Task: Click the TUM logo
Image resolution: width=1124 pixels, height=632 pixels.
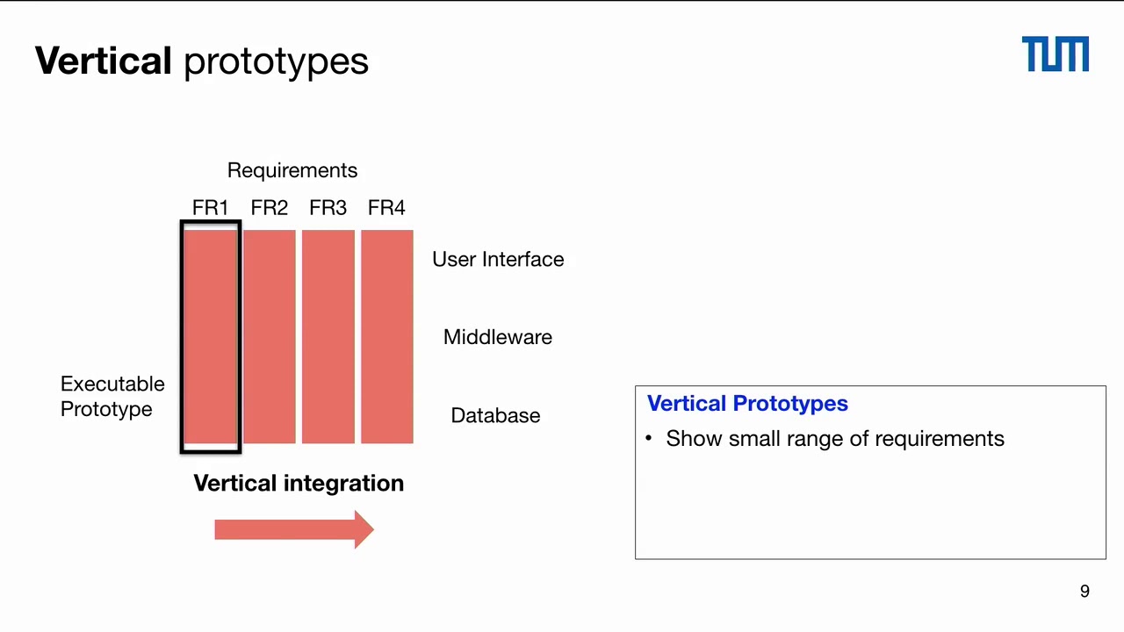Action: point(1055,54)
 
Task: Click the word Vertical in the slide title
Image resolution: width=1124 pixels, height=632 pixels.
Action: point(103,61)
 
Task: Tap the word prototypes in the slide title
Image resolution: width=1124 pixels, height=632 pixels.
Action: point(276,61)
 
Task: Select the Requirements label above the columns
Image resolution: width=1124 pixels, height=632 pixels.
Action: point(292,170)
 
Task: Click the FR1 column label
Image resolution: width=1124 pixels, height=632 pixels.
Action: point(210,208)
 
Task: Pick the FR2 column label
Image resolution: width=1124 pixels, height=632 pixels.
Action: point(269,208)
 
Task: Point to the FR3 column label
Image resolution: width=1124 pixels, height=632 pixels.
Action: point(328,208)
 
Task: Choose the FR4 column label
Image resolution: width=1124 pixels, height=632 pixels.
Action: point(386,208)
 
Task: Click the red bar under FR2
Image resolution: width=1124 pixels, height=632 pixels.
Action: point(270,336)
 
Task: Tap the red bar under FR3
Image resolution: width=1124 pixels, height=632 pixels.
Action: point(328,336)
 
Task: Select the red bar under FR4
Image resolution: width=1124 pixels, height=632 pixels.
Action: point(386,336)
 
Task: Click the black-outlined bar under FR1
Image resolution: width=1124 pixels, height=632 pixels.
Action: point(211,336)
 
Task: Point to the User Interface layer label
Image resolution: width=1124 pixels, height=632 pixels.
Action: point(498,260)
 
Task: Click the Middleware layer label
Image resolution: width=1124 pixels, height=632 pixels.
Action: point(498,337)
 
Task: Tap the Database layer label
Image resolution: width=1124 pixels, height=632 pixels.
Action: point(495,416)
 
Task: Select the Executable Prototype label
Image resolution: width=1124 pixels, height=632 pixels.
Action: point(112,397)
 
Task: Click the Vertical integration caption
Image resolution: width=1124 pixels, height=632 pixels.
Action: point(299,484)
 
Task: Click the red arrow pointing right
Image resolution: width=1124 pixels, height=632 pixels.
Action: point(294,529)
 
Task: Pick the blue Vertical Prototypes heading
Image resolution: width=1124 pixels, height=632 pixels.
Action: point(747,404)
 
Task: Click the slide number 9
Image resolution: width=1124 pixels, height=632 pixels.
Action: point(1084,592)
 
